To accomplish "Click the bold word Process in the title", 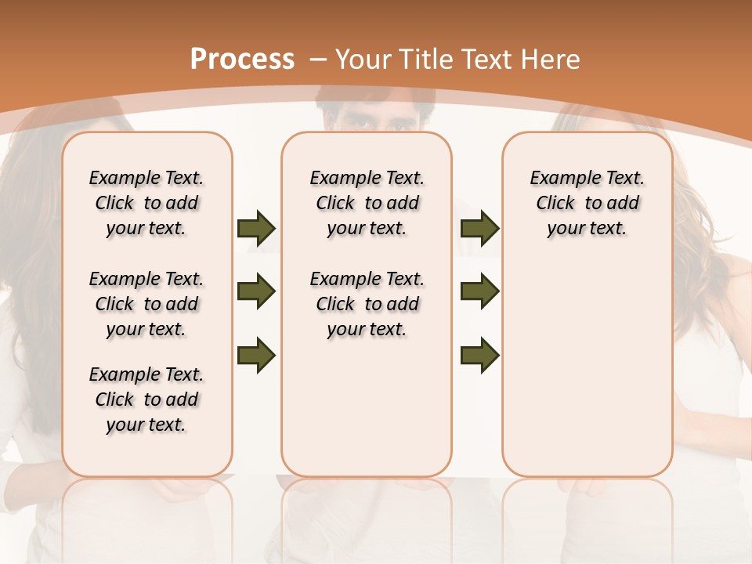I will click(242, 60).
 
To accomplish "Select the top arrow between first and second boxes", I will click(256, 229).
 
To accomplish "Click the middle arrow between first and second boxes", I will click(256, 292).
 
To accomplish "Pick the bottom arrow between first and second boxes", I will click(256, 355).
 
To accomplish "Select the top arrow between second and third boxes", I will click(479, 229).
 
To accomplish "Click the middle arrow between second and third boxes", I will click(479, 292).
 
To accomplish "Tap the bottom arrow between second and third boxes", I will click(479, 355).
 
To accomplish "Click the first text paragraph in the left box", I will click(146, 203).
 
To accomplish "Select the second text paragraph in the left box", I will click(146, 304).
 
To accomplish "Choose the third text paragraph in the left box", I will click(146, 399).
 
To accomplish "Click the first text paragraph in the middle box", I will click(367, 203).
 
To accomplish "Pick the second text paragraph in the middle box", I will click(367, 304).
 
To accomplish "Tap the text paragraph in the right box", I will click(587, 203).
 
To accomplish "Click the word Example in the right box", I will click(561, 179).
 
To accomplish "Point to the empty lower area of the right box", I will click(587, 376).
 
